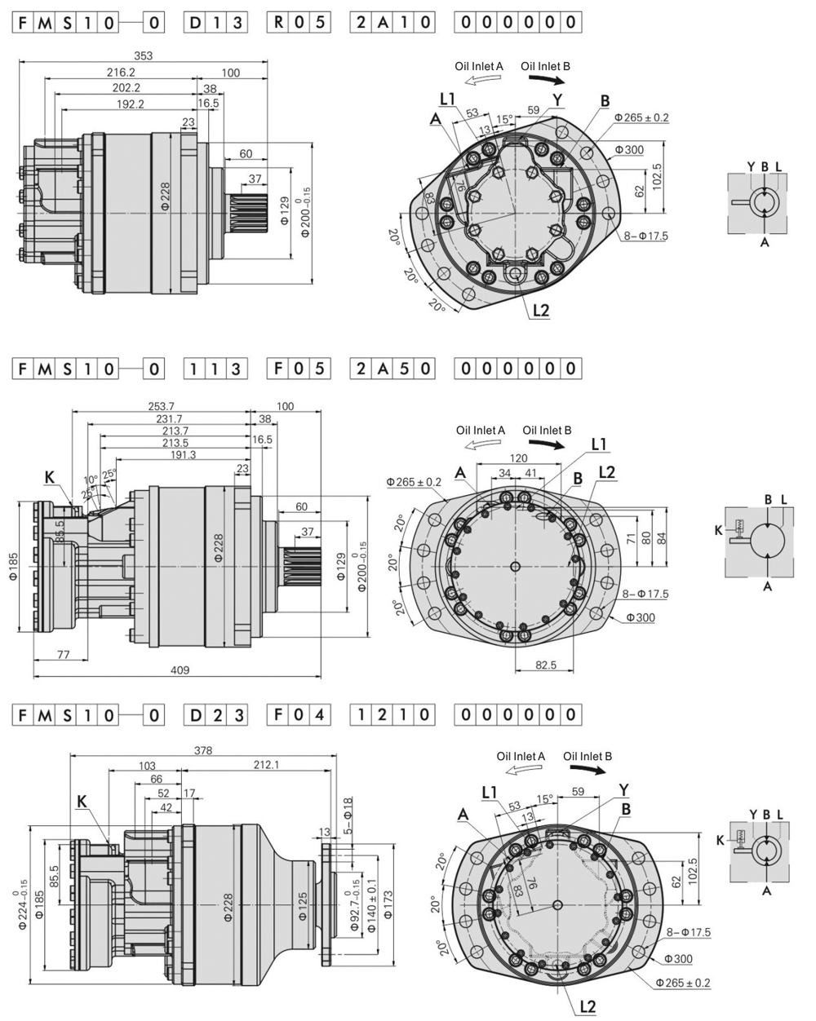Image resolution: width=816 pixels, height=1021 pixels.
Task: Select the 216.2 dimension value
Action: [120, 73]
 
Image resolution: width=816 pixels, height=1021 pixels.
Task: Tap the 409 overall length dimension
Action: [180, 670]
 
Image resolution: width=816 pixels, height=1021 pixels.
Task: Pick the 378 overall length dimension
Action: [200, 750]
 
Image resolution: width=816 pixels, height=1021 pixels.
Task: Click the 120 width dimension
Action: [518, 459]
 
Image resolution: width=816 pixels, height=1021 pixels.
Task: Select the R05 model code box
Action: [299, 23]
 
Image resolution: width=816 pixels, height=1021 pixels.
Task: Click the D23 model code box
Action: [215, 716]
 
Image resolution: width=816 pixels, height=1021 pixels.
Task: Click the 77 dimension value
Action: [62, 654]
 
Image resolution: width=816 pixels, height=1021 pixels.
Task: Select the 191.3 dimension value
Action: [184, 454]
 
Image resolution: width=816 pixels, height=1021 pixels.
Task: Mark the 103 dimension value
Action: [147, 766]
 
